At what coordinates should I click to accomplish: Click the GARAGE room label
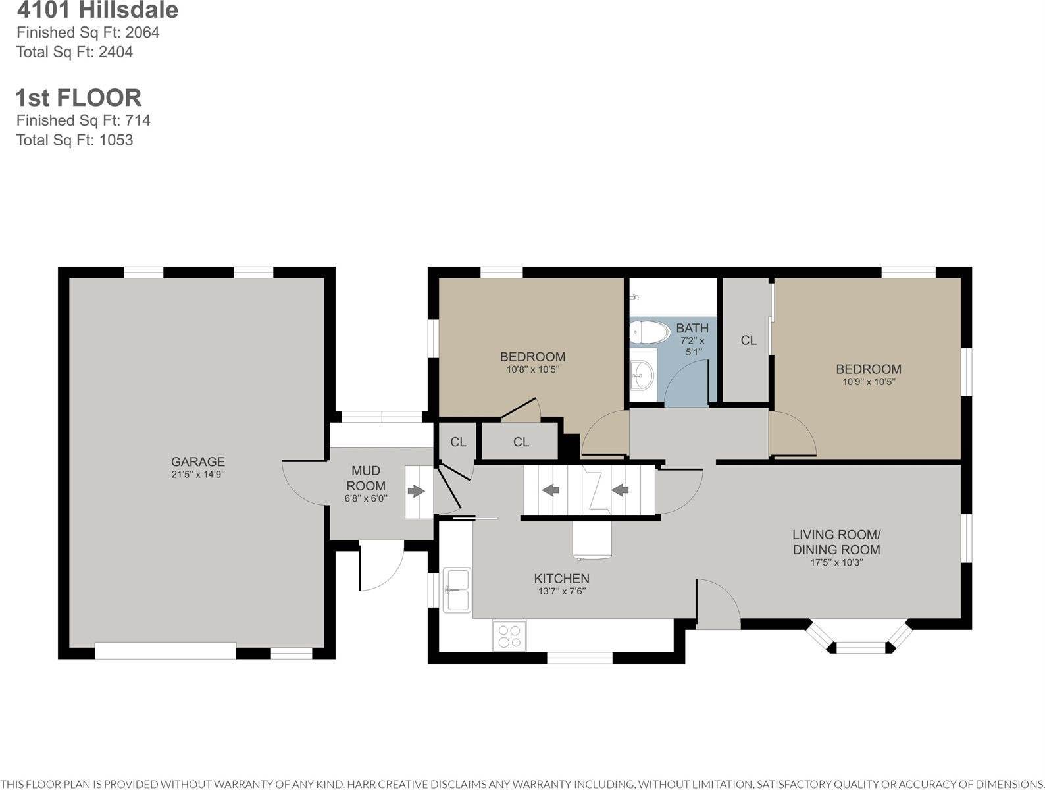pyautogui.click(x=197, y=461)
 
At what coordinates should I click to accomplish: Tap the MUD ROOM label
pyautogui.click(x=366, y=478)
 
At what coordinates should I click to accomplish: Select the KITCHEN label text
pyautogui.click(x=562, y=579)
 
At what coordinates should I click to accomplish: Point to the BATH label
pyautogui.click(x=692, y=328)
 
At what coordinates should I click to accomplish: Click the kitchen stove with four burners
pyautogui.click(x=509, y=635)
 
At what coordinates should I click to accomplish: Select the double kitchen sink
pyautogui.click(x=457, y=590)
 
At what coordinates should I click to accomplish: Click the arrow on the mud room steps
pyautogui.click(x=416, y=491)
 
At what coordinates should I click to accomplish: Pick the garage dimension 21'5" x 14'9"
pyautogui.click(x=197, y=474)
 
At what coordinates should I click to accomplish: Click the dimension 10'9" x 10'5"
pyautogui.click(x=869, y=382)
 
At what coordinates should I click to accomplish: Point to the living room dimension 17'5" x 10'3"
pyautogui.click(x=836, y=562)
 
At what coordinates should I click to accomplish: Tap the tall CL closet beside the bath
pyautogui.click(x=746, y=340)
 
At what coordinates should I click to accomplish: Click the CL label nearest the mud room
pyautogui.click(x=458, y=442)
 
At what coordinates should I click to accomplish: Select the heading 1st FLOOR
pyautogui.click(x=78, y=97)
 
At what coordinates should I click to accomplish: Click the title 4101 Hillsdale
pyautogui.click(x=97, y=10)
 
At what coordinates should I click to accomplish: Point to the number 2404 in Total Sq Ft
pyautogui.click(x=116, y=52)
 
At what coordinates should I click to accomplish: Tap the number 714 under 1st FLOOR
pyautogui.click(x=138, y=120)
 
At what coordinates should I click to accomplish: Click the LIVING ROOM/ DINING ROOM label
pyautogui.click(x=836, y=542)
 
